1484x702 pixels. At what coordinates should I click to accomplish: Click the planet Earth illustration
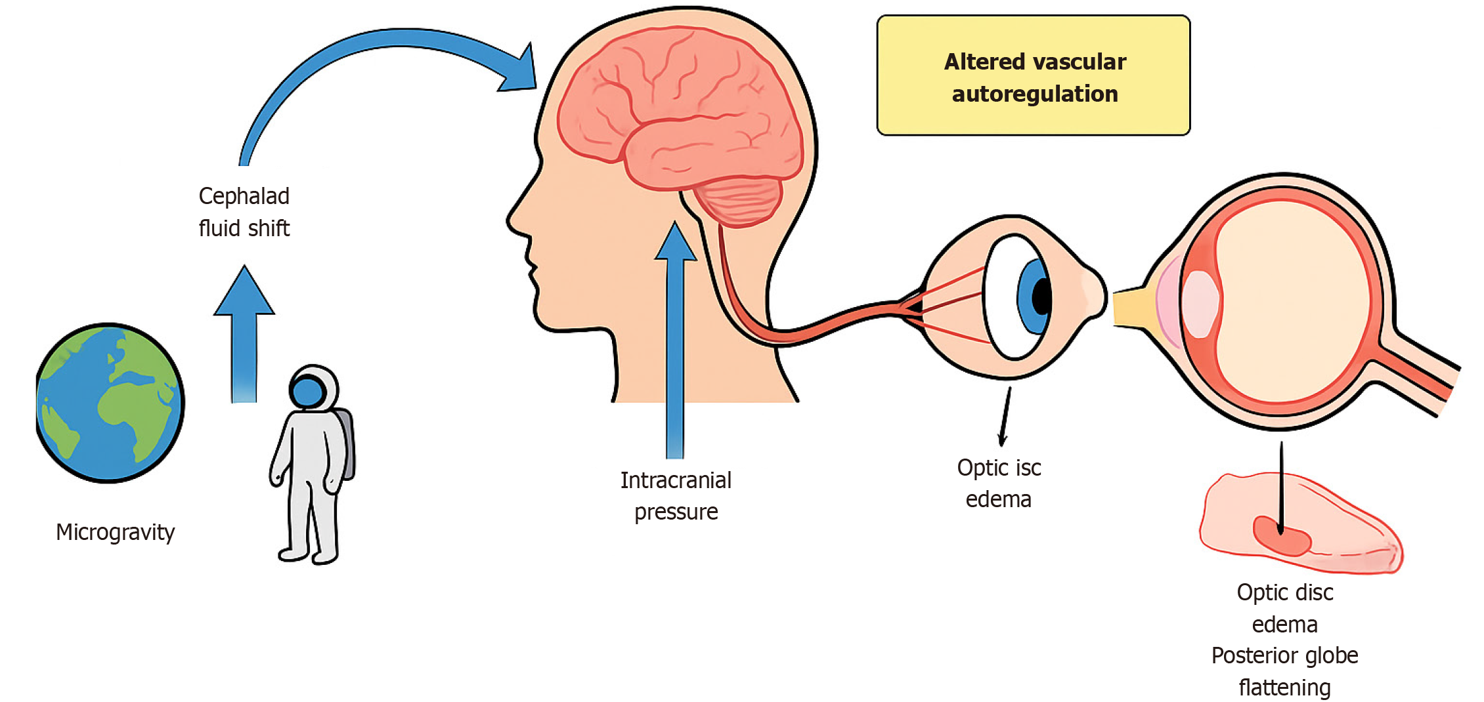tap(110, 403)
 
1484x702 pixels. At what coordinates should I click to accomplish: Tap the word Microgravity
tap(115, 532)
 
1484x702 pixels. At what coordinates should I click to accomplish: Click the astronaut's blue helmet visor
tap(307, 392)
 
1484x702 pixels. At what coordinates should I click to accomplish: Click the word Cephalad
tap(244, 196)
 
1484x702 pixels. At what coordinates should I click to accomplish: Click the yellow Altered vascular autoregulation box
tap(1033, 75)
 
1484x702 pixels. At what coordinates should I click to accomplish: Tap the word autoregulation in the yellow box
tap(1035, 94)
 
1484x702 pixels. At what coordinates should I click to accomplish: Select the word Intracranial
tap(676, 480)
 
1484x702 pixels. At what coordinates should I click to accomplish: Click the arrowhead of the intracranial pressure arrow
tap(675, 243)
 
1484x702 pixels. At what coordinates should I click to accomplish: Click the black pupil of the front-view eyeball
tap(1041, 297)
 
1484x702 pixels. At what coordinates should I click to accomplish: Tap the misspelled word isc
tap(1028, 468)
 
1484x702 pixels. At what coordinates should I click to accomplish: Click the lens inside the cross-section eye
tap(1200, 304)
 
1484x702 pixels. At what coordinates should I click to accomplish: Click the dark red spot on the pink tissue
tap(1282, 536)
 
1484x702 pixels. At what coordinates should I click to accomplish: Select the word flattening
tap(1284, 688)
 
